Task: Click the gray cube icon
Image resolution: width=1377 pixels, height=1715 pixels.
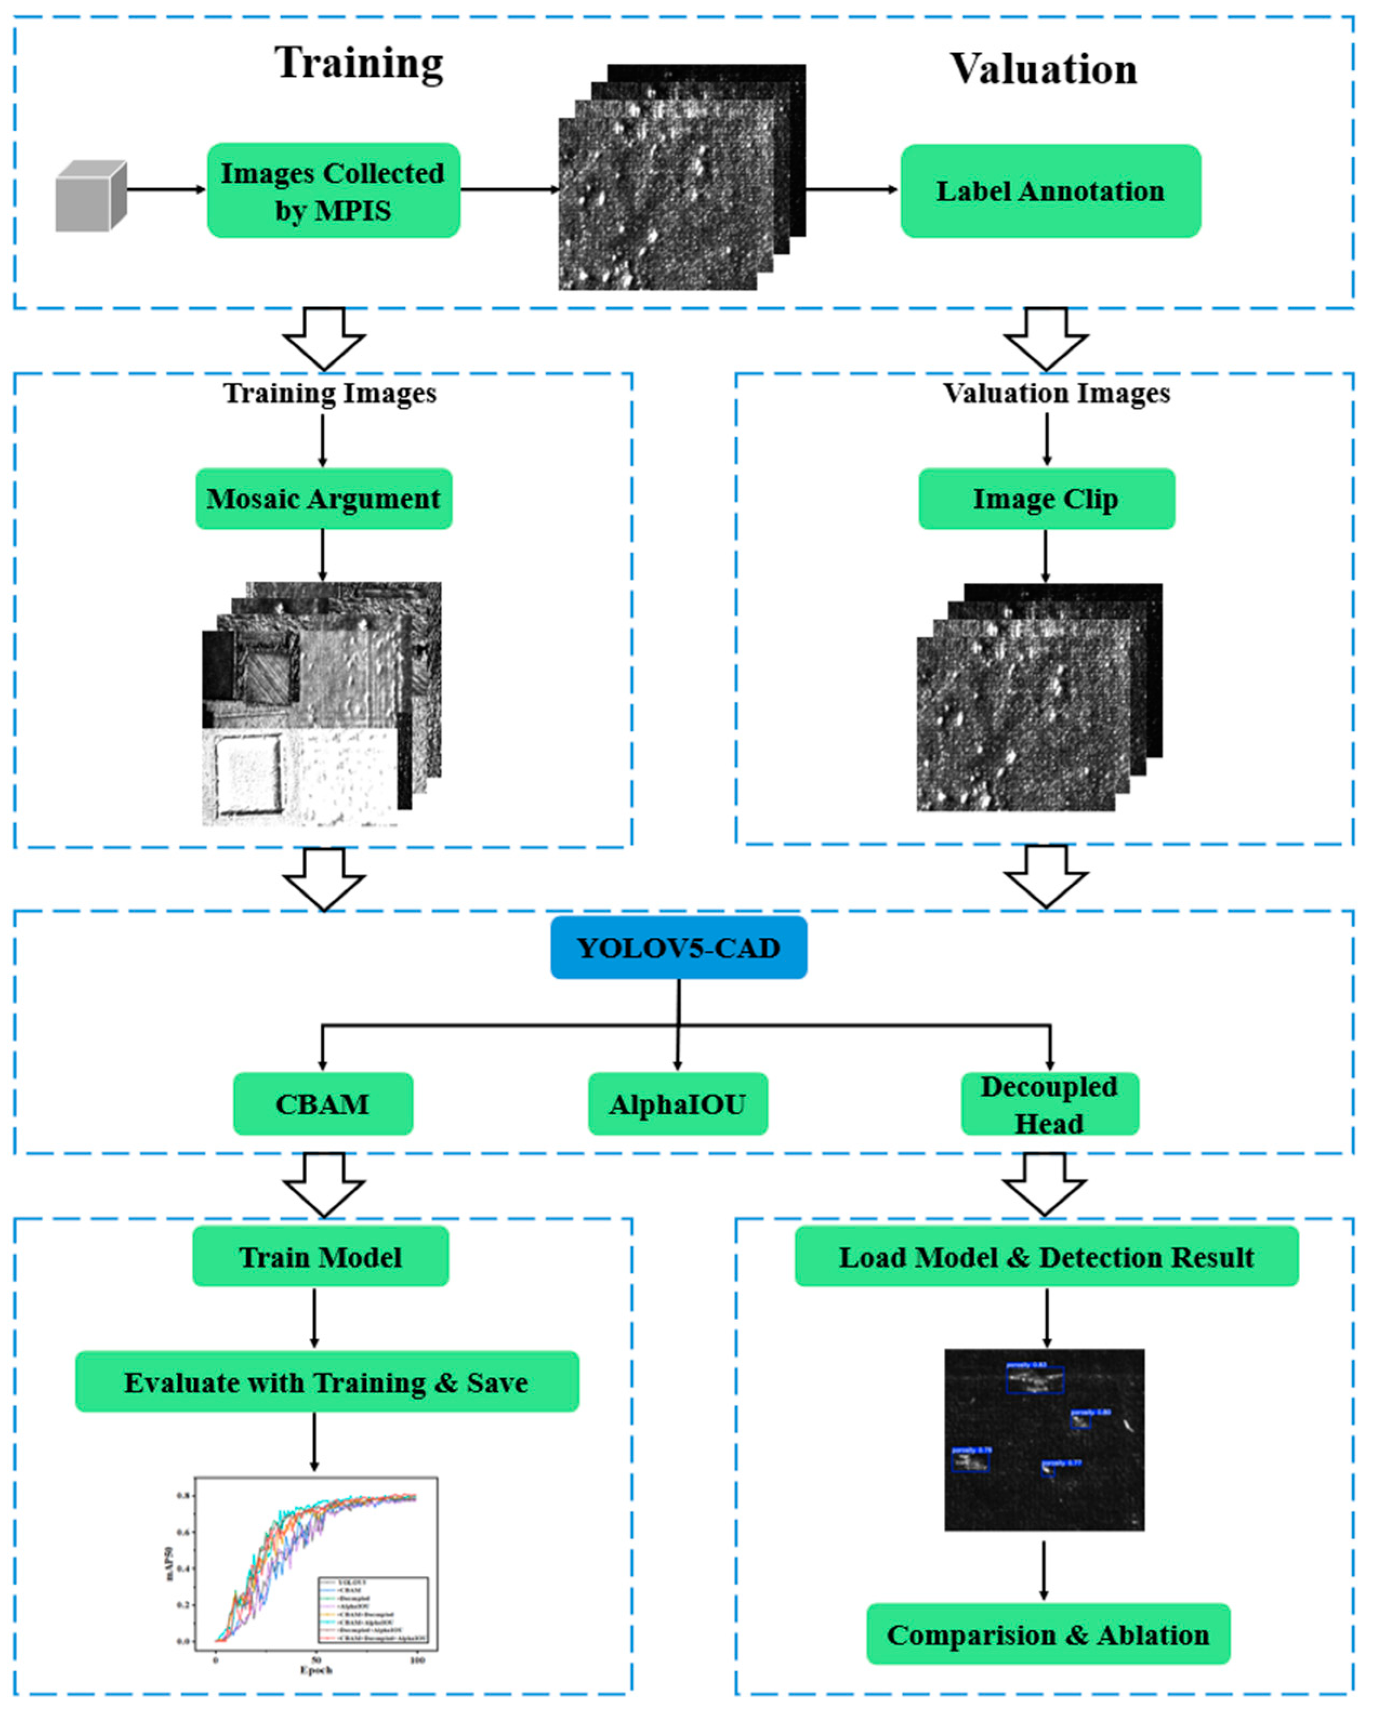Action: (x=90, y=196)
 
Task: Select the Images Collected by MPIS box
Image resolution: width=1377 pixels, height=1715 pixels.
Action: (x=333, y=191)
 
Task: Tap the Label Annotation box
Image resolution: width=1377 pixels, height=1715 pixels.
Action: (x=1049, y=191)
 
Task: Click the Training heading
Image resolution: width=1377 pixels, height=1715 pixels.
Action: (x=359, y=64)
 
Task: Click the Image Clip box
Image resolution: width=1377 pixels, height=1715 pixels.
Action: (x=1045, y=499)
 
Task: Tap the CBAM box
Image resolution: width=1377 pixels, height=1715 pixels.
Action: (x=322, y=1103)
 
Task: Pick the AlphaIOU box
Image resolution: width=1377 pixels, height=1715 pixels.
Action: (x=677, y=1103)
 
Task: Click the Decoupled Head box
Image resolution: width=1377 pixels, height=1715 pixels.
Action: (x=1049, y=1103)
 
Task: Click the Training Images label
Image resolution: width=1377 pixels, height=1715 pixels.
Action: (x=329, y=393)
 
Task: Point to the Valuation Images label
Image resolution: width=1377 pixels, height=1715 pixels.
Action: (x=1056, y=393)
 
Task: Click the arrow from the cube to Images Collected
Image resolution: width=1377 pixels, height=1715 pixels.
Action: (x=165, y=189)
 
